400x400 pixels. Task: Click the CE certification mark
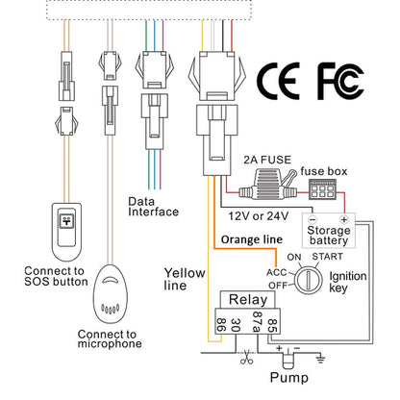(278, 81)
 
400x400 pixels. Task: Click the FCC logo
(340, 82)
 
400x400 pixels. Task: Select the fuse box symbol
(322, 189)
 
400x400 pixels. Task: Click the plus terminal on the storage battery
(344, 220)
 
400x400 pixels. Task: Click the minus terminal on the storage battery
(312, 220)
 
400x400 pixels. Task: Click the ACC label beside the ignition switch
(277, 272)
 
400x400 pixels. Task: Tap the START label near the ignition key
(327, 257)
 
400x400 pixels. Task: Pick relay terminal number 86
(221, 325)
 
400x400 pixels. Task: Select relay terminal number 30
(236, 325)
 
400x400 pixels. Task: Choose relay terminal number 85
(272, 325)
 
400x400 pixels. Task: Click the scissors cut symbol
(246, 357)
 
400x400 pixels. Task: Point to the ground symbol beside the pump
(320, 358)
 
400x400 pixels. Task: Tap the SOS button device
(66, 232)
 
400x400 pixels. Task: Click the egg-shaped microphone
(110, 294)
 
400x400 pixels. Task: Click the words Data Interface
(153, 207)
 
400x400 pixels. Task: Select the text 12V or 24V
(259, 216)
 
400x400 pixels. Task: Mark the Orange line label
(252, 239)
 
